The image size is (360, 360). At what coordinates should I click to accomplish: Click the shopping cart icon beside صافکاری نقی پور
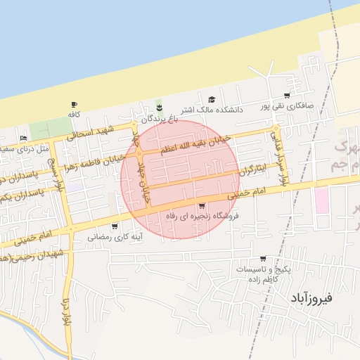287,96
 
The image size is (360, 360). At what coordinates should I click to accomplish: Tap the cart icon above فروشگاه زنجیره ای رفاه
202,206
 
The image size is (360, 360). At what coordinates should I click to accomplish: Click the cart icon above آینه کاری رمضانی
115,226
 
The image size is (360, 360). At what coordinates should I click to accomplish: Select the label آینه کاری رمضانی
113,237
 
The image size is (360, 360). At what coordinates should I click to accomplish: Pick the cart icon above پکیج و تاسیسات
263,259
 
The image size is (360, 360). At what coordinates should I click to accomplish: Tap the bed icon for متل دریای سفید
24,139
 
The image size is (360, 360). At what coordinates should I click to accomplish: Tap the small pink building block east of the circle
322,200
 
